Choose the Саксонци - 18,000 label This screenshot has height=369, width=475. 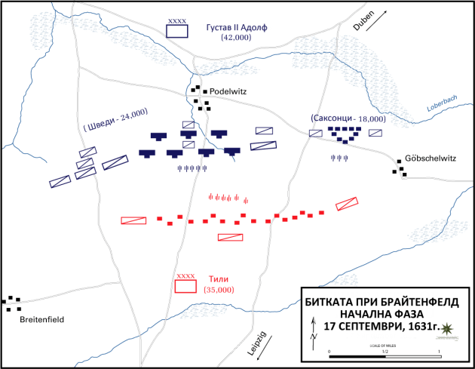[347, 118]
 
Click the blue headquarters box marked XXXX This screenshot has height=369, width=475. [177, 31]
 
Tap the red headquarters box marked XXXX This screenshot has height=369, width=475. [185, 286]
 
